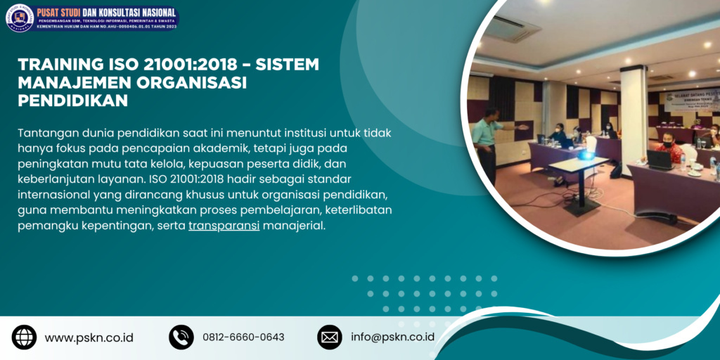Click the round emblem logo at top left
20,18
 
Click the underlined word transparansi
224,226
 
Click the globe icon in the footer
24,337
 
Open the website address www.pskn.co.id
89,337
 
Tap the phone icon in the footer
181,337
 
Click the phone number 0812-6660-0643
243,337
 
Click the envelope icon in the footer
329,337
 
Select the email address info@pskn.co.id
392,337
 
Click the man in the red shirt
669,150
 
